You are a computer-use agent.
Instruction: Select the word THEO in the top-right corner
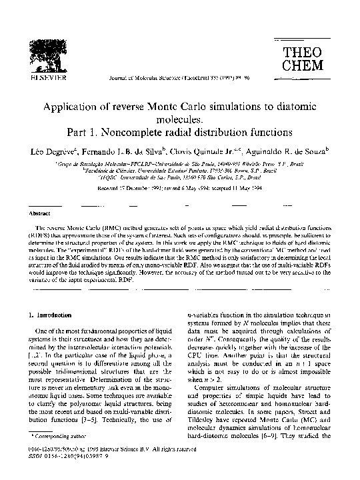303,52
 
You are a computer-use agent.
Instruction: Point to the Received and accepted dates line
180,188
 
